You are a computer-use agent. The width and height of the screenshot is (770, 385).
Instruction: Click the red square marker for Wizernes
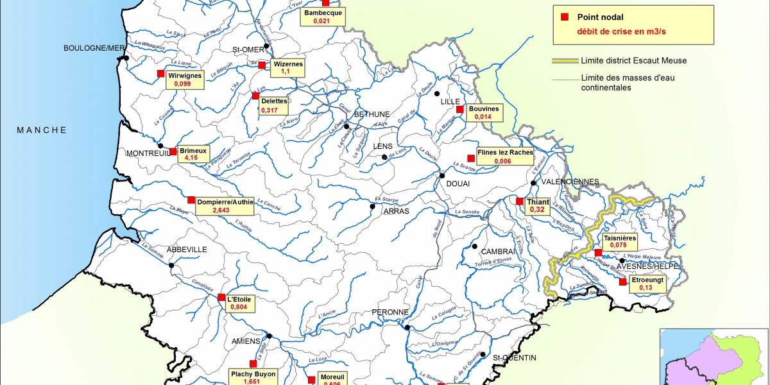pos(262,65)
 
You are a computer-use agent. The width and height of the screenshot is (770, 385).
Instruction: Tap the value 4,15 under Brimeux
pos(191,157)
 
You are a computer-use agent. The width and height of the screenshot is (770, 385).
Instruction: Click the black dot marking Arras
pos(372,207)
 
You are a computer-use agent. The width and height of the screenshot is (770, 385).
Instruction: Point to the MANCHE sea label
pos(42,130)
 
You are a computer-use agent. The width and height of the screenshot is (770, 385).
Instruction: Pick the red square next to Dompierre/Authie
pos(191,200)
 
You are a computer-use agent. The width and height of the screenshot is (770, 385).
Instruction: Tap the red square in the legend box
pos(565,17)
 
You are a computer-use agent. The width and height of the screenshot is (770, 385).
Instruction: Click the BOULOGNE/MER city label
pos(93,48)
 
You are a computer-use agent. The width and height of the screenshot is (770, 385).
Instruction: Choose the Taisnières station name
pos(619,238)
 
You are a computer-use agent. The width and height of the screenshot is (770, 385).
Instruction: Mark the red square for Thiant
pos(519,201)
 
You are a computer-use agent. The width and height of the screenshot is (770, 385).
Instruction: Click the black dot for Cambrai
pos(475,246)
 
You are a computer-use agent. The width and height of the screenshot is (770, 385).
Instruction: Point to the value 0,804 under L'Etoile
pos(239,307)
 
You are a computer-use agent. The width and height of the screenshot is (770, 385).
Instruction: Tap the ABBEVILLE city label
pos(187,250)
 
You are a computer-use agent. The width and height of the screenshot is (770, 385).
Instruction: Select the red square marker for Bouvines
pos(459,109)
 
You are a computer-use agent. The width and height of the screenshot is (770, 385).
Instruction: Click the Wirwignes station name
pos(185,75)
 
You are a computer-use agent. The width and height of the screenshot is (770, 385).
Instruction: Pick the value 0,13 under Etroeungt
pos(645,288)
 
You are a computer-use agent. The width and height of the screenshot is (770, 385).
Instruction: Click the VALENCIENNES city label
pos(570,182)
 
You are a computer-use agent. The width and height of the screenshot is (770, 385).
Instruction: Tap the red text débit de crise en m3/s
pos(619,30)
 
